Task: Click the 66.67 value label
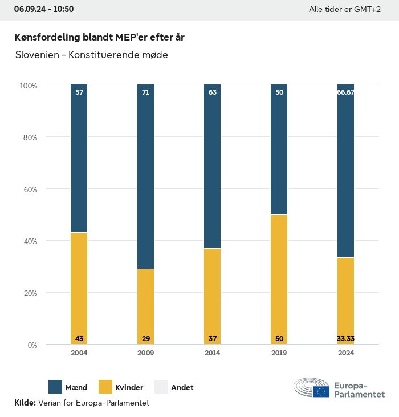pyautogui.click(x=345, y=92)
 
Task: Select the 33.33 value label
pyautogui.click(x=345, y=339)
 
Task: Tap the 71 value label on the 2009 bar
pyautogui.click(x=146, y=92)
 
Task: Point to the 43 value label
pyautogui.click(x=79, y=339)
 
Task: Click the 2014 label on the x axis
pyautogui.click(x=213, y=353)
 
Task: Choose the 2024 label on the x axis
pyautogui.click(x=345, y=353)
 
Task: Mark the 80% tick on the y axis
pyautogui.click(x=28, y=137)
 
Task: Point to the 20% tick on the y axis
pyautogui.click(x=28, y=293)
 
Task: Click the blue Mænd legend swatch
pyautogui.click(x=55, y=387)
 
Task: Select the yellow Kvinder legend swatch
pyautogui.click(x=105, y=387)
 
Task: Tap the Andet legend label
pyautogui.click(x=182, y=387)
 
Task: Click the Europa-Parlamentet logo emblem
pyautogui.click(x=312, y=387)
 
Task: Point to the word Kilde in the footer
pyautogui.click(x=25, y=403)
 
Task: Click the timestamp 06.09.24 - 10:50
pyautogui.click(x=44, y=9)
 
